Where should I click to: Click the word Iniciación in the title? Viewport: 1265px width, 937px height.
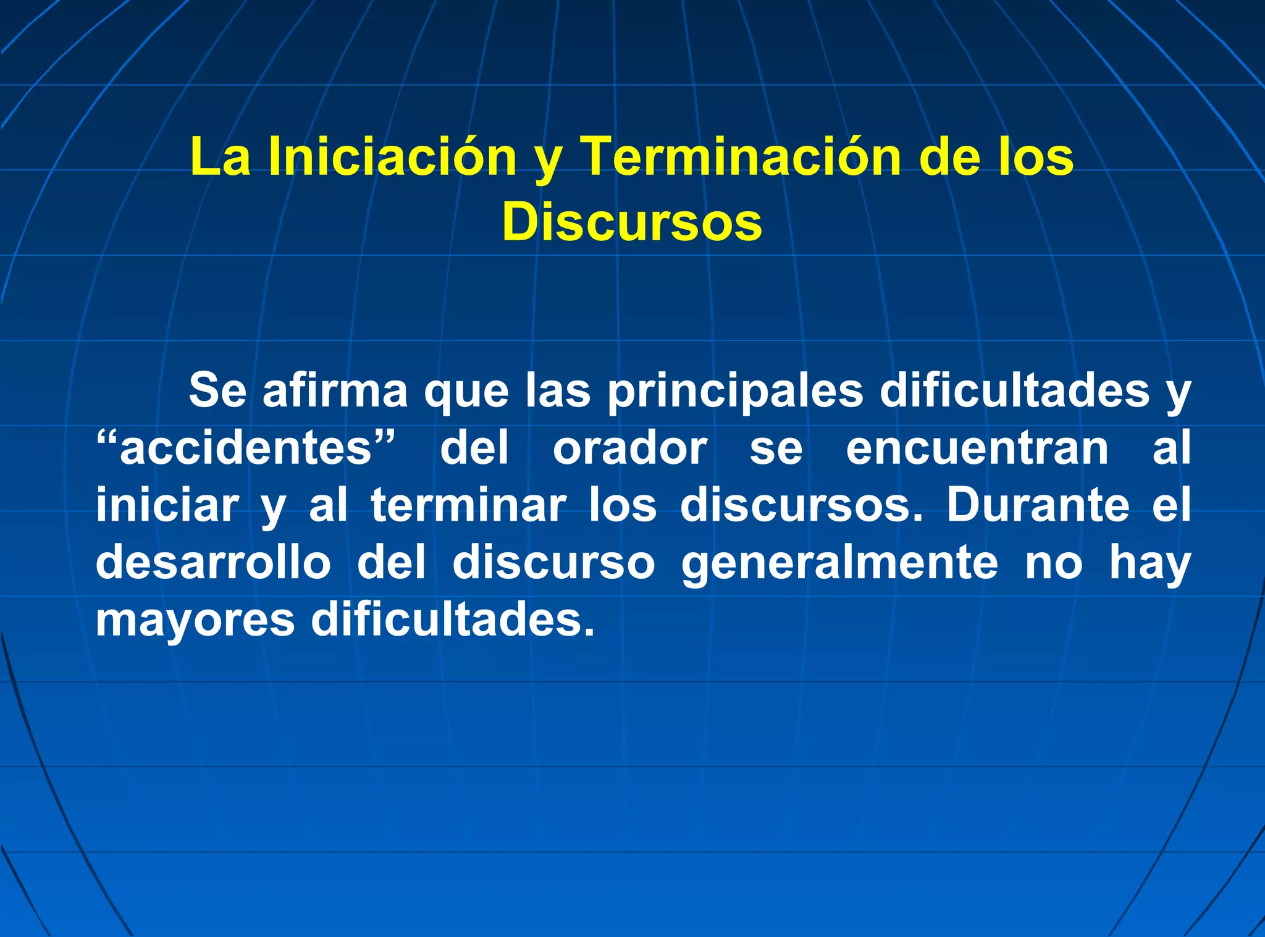pyautogui.click(x=392, y=157)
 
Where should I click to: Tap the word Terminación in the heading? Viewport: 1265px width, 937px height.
pyautogui.click(x=741, y=157)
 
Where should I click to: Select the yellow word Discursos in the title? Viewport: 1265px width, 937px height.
pyautogui.click(x=632, y=222)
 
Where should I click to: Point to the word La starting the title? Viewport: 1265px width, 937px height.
pyautogui.click(x=221, y=157)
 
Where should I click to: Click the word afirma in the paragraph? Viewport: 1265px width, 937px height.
pyautogui.click(x=335, y=390)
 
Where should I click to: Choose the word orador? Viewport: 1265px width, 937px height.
pyautogui.click(x=630, y=448)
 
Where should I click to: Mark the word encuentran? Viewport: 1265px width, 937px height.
pyautogui.click(x=977, y=448)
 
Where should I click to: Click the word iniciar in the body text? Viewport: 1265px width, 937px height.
pyautogui.click(x=167, y=505)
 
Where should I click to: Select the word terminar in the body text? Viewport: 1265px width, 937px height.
pyautogui.click(x=468, y=505)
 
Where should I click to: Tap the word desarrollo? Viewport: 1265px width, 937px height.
pyautogui.click(x=213, y=562)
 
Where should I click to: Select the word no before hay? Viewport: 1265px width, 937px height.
pyautogui.click(x=1054, y=563)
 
